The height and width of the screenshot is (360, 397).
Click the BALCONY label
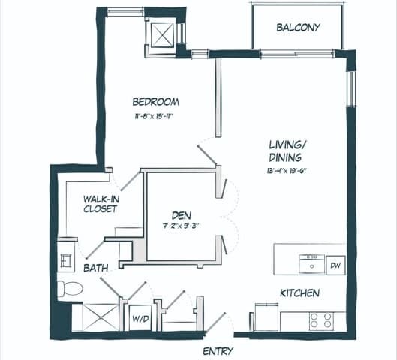pos(298,28)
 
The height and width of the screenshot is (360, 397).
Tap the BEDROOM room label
pos(156,102)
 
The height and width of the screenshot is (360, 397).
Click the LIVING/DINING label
pos(285,151)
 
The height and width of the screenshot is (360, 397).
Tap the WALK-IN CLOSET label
pos(100,204)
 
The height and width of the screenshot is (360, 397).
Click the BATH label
pos(95,267)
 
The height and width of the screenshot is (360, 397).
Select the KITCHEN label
pos(299,292)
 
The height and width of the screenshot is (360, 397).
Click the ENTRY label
pos(218,350)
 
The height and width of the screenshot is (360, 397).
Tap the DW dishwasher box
pos(335,265)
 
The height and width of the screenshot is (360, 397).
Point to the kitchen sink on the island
pos(311,265)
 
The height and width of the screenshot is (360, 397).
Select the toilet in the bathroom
pos(70,288)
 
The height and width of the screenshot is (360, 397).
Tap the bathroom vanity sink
pos(66,260)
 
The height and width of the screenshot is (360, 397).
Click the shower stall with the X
pos(100,316)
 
